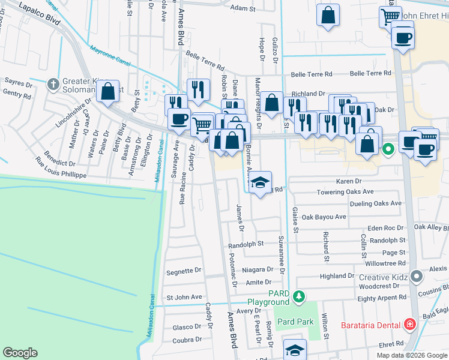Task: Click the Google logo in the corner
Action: pyautogui.click(x=20, y=353)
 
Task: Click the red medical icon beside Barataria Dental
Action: pyautogui.click(x=411, y=324)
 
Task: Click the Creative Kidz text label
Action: pyautogui.click(x=384, y=277)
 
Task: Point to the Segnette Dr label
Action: pyautogui.click(x=184, y=271)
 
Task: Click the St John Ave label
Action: pyautogui.click(x=184, y=297)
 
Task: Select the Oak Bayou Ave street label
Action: pyautogui.click(x=324, y=217)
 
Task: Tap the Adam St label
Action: pyautogui.click(x=243, y=8)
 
